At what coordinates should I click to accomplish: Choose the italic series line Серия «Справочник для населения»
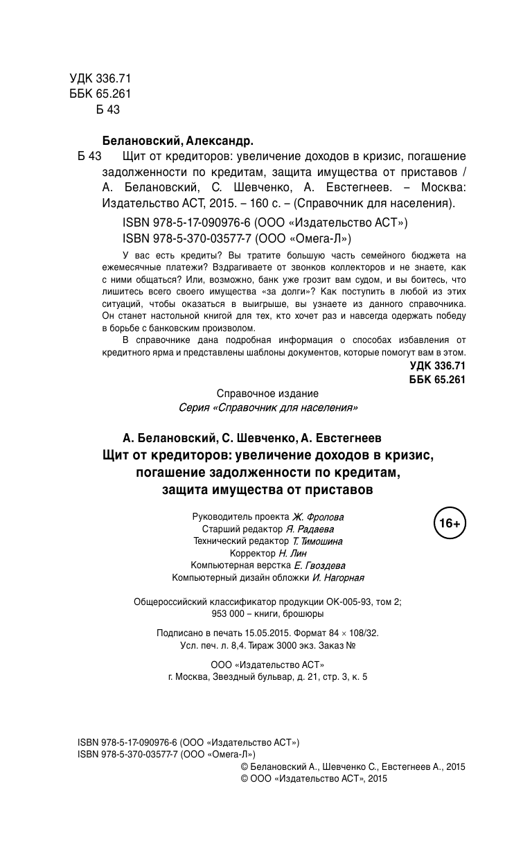[x=268, y=407]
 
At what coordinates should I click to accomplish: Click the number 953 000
[x=229, y=614]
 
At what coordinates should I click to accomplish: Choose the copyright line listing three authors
[x=352, y=766]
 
